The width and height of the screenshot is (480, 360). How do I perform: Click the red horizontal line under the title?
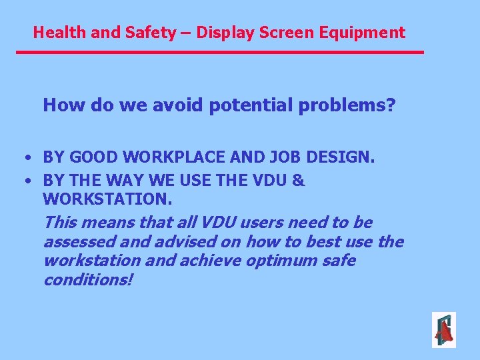tap(220, 52)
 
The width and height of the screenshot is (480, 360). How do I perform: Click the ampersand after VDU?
tap(299, 180)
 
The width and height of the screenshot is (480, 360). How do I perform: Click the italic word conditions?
tap(88, 280)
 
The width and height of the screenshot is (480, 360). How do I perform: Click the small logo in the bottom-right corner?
tap(443, 330)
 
